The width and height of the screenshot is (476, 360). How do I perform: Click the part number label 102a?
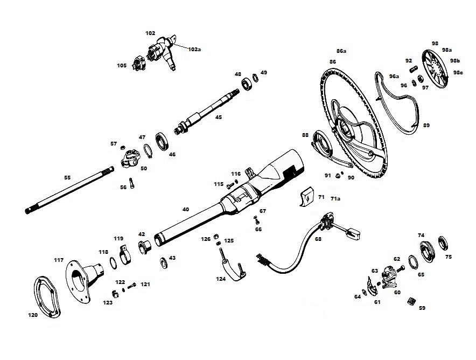pos(194,49)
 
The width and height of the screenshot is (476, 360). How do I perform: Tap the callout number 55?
pos(67,177)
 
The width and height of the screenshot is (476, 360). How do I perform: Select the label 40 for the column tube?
pos(185,209)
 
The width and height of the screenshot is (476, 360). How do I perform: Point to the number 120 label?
pos(33,315)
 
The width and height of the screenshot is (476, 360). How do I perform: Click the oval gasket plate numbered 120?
pos(46,297)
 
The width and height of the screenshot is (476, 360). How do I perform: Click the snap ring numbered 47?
pos(148,151)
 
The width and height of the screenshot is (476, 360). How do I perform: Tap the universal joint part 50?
pos(130,159)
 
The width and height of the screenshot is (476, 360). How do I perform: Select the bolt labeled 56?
pos(131,183)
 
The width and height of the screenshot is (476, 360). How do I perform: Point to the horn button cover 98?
pos(435,69)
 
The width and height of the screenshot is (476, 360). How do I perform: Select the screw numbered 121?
pos(132,286)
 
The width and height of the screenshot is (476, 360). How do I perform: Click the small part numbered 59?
pos(411,301)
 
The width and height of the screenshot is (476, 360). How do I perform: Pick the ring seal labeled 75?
pos(443,243)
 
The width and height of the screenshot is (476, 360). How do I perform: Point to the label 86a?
pos(341,51)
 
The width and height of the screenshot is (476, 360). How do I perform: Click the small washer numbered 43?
pos(164,262)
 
